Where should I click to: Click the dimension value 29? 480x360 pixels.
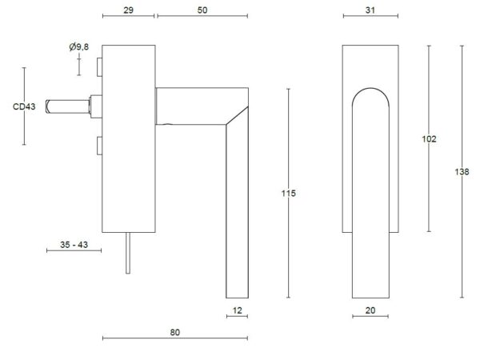pos(128,10)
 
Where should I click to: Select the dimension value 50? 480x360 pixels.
pos(202,10)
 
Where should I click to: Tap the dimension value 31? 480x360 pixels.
pos(370,10)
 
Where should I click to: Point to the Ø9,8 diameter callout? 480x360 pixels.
pos(78,47)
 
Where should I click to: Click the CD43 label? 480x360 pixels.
pos(24,106)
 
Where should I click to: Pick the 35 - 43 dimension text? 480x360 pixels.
pos(74,245)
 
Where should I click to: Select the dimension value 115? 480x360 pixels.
pos(288,193)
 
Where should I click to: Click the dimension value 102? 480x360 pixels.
pos(429,139)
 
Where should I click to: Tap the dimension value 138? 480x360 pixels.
pos(462,172)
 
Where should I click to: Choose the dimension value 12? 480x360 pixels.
pos(238,310)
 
